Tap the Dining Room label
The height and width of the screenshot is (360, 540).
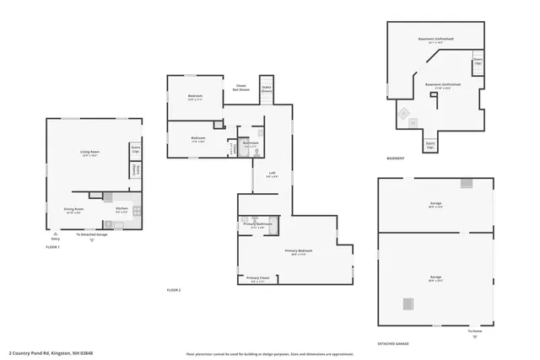pos(73,211)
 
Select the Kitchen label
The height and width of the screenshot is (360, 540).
pos(121,210)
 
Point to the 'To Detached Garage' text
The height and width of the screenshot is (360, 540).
pos(91,234)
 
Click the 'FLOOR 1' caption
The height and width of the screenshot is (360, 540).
pos(52,247)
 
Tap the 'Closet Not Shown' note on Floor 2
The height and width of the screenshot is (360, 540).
pos(240,87)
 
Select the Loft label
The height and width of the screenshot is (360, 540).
pos(272,175)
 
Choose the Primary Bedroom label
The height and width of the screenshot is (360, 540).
pos(298,251)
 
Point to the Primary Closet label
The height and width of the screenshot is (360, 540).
pos(257,278)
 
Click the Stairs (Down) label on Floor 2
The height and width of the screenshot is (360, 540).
pos(267,88)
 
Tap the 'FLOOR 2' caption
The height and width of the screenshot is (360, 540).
pos(174,290)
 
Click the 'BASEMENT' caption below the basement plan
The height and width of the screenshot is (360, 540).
pos(395,159)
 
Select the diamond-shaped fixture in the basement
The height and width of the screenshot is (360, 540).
pos(402,113)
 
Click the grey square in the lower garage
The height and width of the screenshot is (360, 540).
pos(409,304)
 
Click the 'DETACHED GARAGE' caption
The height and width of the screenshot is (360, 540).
pos(393,344)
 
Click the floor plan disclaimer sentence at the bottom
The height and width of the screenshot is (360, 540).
pos(269,353)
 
